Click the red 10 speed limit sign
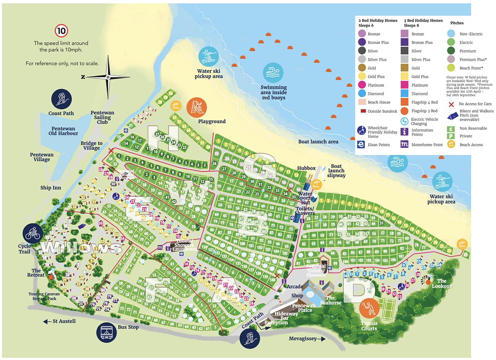61,31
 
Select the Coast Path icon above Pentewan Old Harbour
61,99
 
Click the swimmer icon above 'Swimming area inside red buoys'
273,73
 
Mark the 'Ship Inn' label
51,188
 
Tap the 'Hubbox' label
306,168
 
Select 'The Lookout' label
442,284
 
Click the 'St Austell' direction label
62,321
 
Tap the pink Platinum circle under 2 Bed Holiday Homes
362,85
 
